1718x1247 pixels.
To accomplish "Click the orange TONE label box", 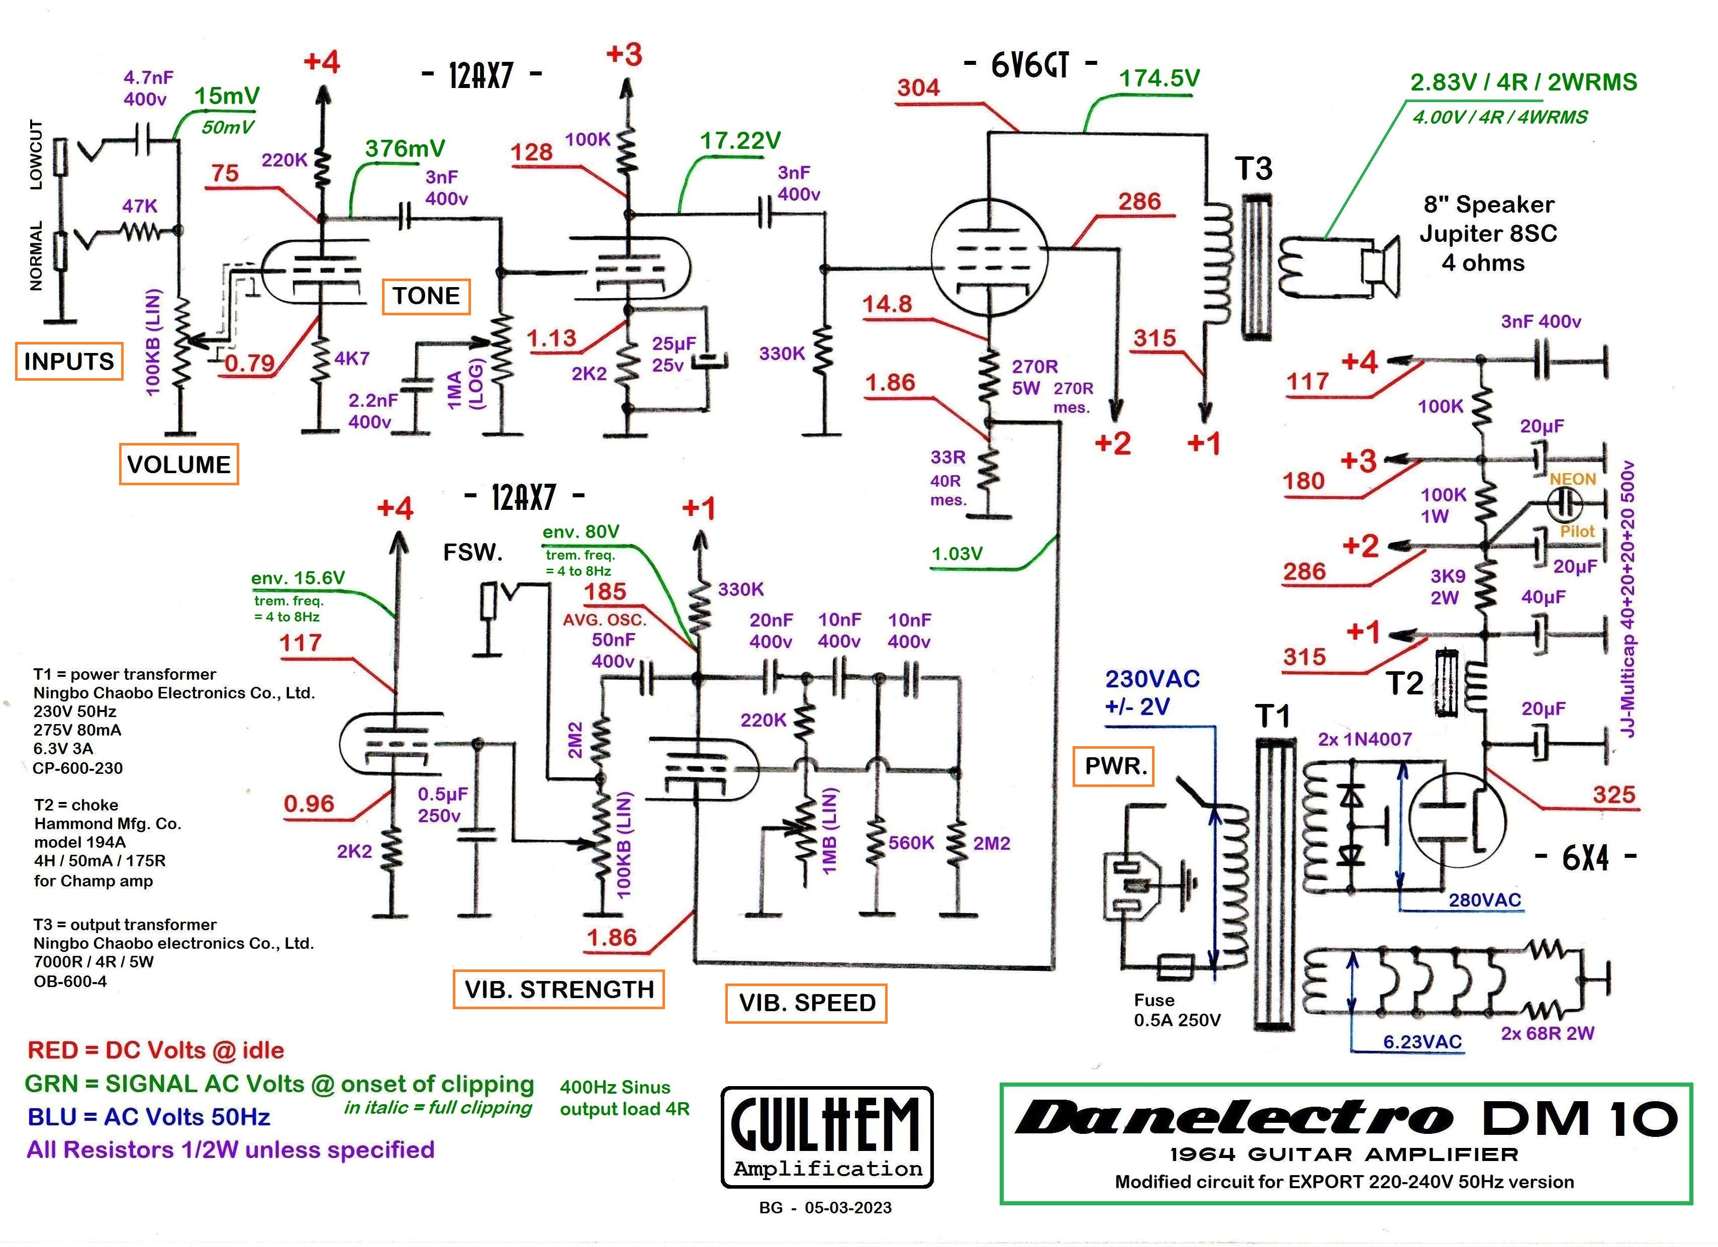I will [426, 296].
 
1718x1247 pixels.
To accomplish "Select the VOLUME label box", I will [179, 465].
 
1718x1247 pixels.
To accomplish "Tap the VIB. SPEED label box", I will [807, 1003].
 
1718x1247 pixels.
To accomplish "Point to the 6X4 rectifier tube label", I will [1585, 858].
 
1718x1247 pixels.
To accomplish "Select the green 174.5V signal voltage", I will [1159, 78].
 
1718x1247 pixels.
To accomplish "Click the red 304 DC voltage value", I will [918, 88].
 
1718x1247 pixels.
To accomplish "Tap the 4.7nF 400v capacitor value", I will [148, 88].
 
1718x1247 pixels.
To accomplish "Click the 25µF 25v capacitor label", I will [674, 354].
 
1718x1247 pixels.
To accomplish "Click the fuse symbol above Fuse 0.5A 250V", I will [1176, 967].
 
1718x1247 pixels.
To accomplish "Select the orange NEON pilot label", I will [1573, 479].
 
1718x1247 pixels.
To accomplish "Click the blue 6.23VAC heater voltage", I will [1422, 1042].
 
